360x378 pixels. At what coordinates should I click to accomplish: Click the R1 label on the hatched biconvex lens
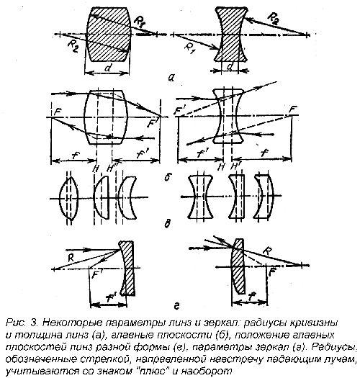(x=139, y=21)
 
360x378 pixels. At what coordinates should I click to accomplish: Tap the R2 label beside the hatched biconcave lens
(x=274, y=19)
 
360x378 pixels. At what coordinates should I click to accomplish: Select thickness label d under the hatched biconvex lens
(x=107, y=68)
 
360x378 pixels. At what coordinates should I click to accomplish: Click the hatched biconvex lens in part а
(x=108, y=35)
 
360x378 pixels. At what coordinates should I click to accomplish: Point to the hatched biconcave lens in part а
(x=231, y=35)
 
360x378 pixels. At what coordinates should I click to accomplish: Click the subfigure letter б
(x=166, y=177)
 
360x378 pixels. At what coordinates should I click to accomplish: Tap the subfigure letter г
(x=176, y=307)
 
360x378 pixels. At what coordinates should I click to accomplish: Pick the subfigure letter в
(x=167, y=223)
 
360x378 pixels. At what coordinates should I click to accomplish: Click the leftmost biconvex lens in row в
(x=68, y=198)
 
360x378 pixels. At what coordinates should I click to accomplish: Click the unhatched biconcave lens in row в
(x=200, y=197)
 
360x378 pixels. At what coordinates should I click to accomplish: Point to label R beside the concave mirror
(x=71, y=258)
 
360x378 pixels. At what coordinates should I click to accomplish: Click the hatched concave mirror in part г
(x=127, y=268)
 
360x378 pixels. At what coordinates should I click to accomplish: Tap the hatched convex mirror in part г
(x=238, y=266)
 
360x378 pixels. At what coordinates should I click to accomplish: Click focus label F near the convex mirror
(x=272, y=273)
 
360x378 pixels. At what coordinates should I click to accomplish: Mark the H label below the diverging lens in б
(x=220, y=166)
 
